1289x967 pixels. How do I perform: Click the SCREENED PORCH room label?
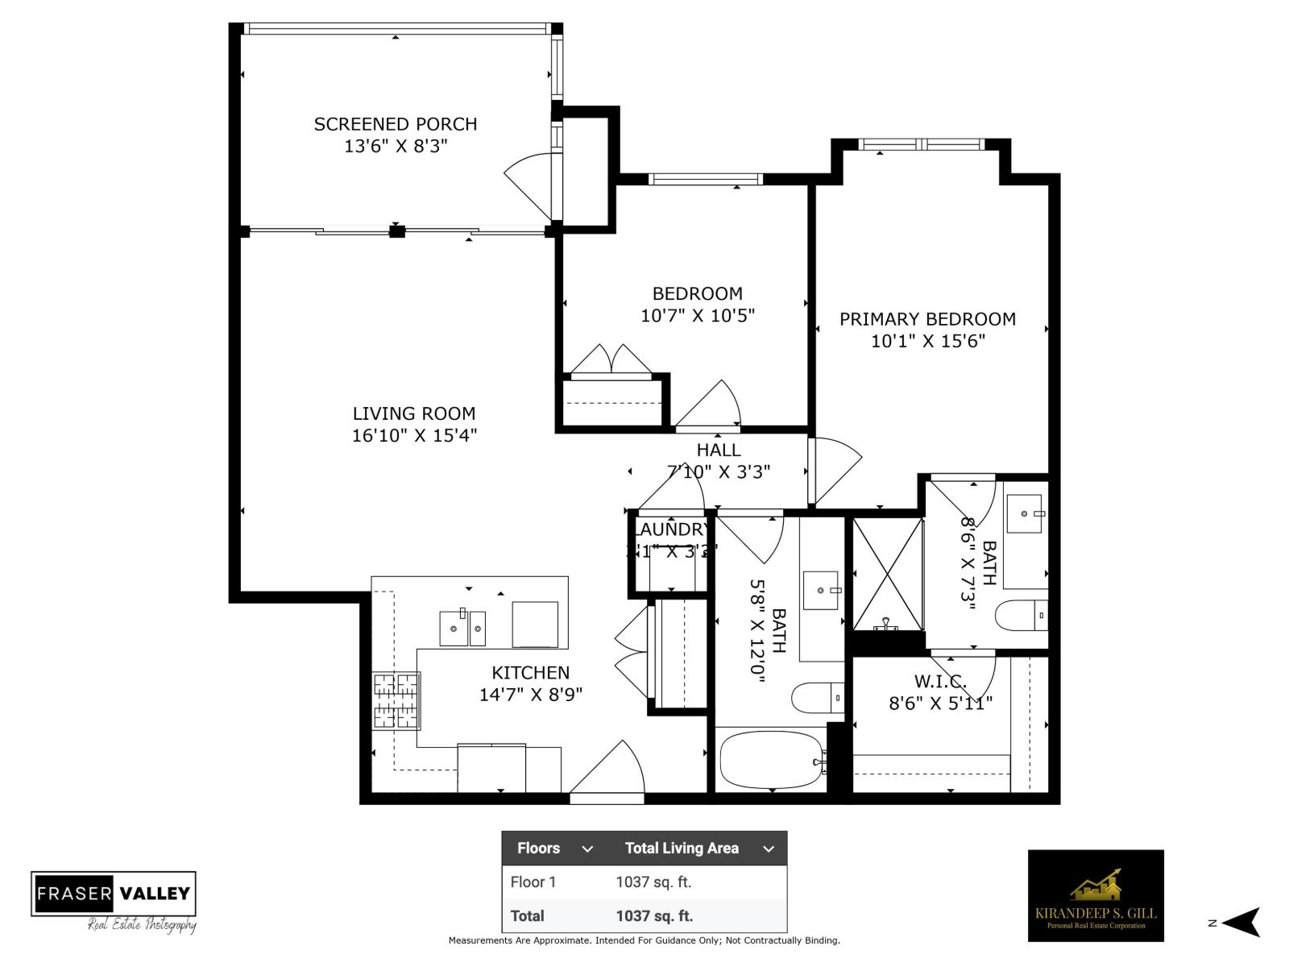click(395, 124)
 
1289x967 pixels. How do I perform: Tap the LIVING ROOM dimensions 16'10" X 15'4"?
click(414, 436)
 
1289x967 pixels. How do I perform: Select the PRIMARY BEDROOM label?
click(927, 319)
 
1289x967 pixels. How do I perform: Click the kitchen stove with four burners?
click(396, 700)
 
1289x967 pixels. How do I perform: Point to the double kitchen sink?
click(462, 628)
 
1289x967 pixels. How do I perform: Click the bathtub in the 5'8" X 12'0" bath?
click(772, 759)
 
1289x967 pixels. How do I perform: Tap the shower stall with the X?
click(887, 575)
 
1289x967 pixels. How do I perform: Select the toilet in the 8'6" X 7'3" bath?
click(1021, 616)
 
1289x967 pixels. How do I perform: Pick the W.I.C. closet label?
click(940, 682)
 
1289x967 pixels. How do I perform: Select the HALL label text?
click(719, 450)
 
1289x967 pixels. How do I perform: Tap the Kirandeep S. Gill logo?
click(1095, 895)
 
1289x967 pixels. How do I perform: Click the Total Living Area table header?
click(682, 848)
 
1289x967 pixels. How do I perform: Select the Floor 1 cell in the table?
click(533, 882)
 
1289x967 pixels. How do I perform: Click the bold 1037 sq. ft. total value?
click(654, 915)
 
